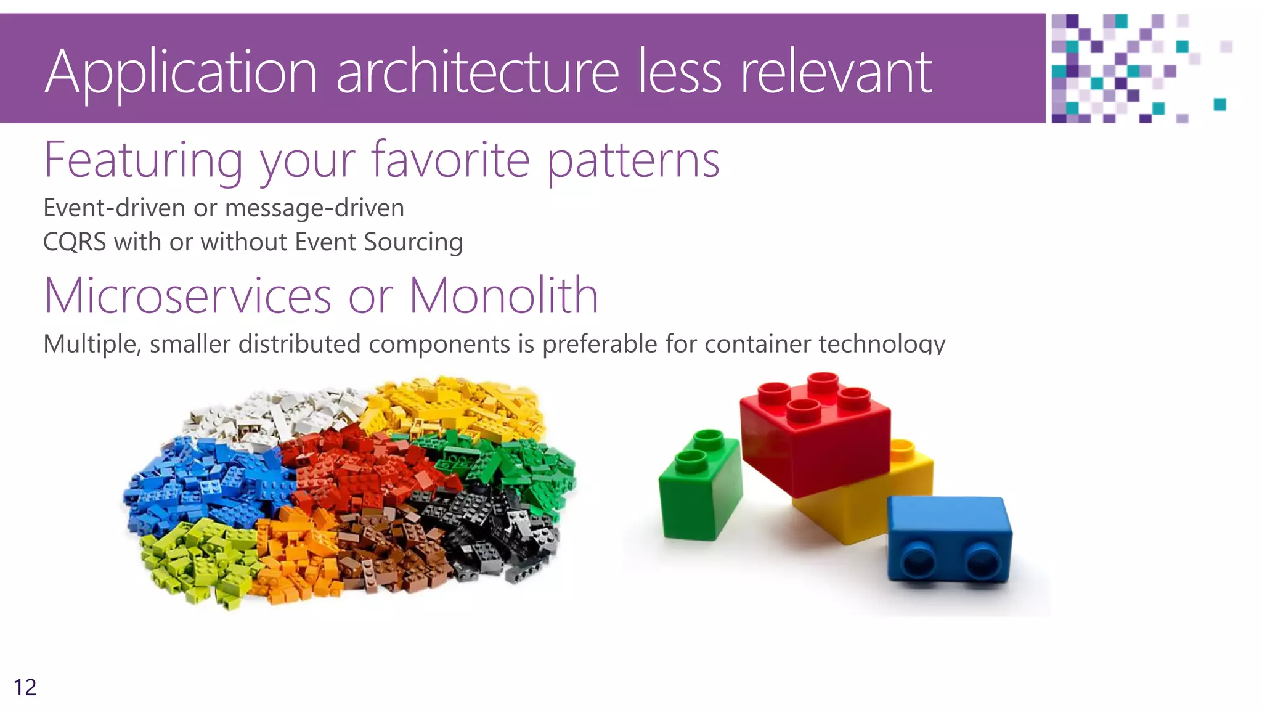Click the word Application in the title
click(181, 73)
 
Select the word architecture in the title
click(477, 73)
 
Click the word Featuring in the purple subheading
click(144, 160)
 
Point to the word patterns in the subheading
click(633, 160)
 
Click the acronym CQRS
click(75, 242)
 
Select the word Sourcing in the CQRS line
click(413, 242)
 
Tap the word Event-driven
click(114, 208)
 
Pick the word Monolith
click(503, 296)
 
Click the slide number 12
click(25, 687)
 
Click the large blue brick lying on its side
click(949, 539)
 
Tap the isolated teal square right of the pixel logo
click(1219, 104)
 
